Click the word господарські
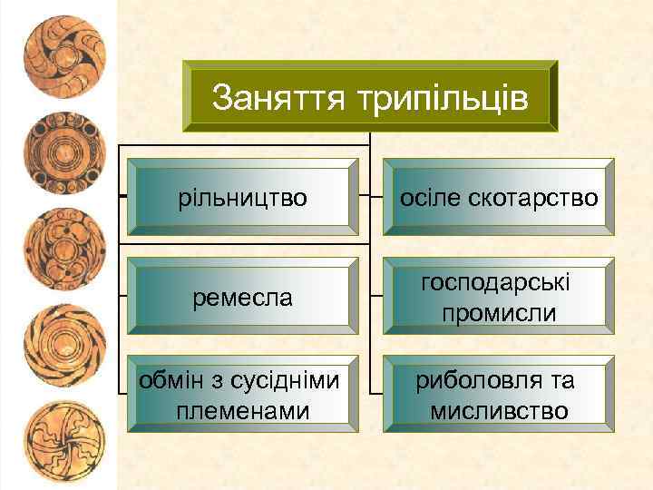click(x=496, y=283)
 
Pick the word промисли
click(x=496, y=313)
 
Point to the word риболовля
click(x=470, y=381)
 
